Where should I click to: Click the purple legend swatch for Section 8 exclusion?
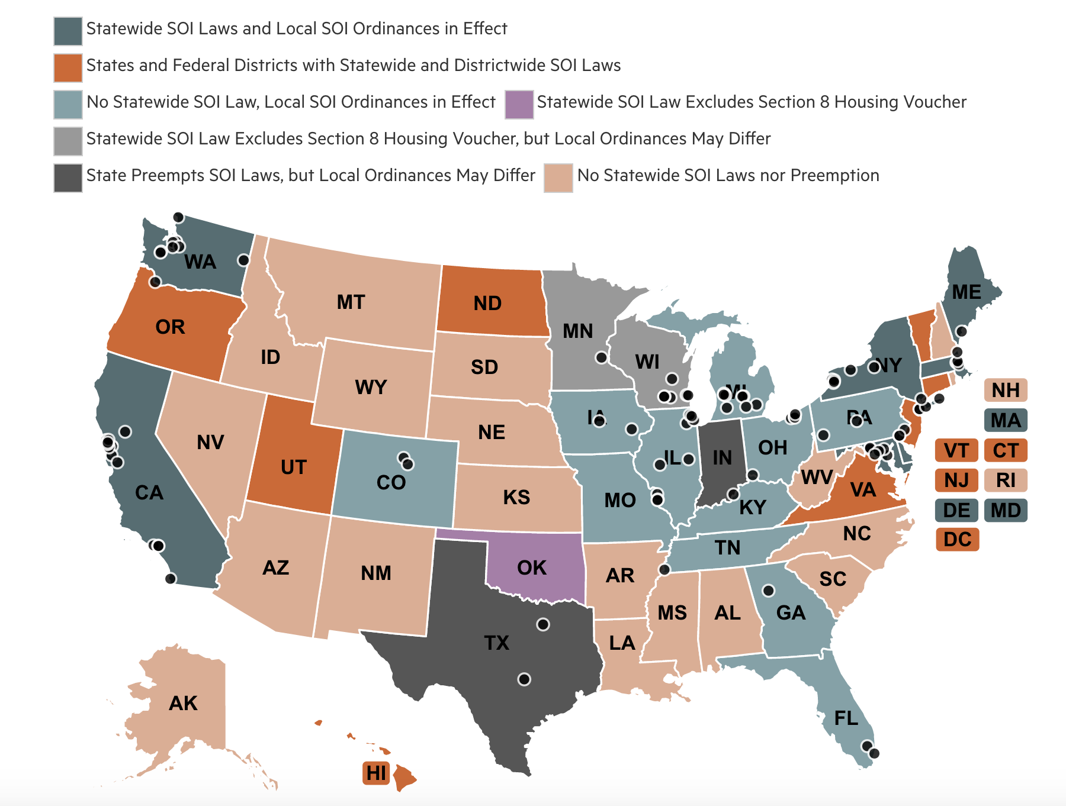coord(519,104)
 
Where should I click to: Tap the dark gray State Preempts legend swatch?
coord(68,178)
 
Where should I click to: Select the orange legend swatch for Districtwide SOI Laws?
coord(68,67)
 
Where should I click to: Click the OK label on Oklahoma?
coord(531,568)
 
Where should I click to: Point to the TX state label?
coord(496,643)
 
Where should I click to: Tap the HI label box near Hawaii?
coord(376,773)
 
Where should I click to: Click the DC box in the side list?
coord(957,540)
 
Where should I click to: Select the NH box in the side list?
coord(1005,391)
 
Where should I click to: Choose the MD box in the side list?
coord(1005,510)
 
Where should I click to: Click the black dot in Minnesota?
coord(601,357)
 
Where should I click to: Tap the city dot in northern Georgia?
coord(768,591)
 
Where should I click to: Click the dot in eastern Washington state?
coord(243,260)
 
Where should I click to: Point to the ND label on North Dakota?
coord(487,304)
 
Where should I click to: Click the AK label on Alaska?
coord(183,703)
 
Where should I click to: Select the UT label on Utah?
coord(293,468)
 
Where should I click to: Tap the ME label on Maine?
coord(967,292)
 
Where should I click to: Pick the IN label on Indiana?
coord(722,457)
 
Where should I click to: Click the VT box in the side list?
coord(956,450)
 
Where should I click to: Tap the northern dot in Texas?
coord(543,624)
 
